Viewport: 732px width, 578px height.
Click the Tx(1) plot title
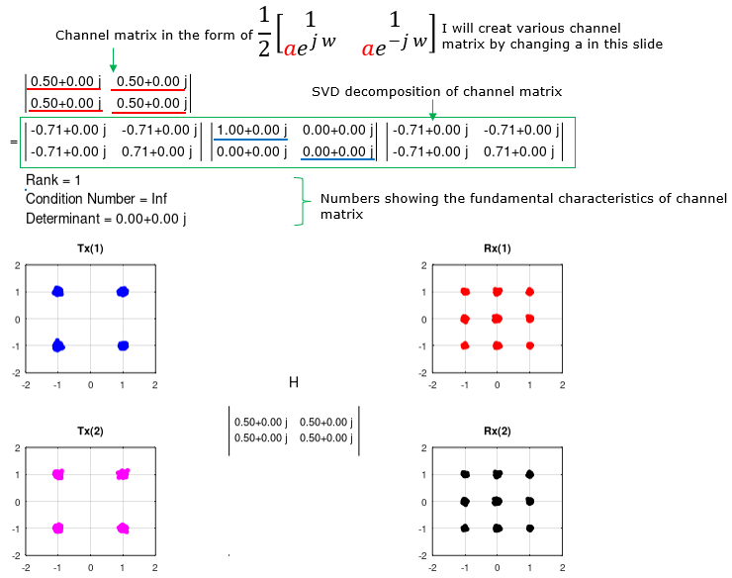coord(90,248)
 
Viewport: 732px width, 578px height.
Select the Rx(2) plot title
coord(498,431)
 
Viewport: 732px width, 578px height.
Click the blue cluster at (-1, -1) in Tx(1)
coord(58,345)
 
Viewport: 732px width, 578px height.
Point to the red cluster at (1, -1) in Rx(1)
coord(530,345)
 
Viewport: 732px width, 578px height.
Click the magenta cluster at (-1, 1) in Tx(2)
coord(58,474)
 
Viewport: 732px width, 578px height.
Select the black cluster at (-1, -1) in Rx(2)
coord(465,529)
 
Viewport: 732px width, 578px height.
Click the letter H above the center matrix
coord(294,383)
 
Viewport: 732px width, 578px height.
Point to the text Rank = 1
coord(53,180)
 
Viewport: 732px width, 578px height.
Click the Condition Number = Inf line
coord(96,199)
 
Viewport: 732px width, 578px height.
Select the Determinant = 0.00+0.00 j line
coord(106,219)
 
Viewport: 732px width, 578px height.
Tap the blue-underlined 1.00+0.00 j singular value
coord(251,130)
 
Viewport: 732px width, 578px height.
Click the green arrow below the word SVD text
coord(432,109)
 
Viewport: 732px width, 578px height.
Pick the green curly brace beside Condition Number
coord(302,201)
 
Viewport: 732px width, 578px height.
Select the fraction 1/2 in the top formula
coord(264,32)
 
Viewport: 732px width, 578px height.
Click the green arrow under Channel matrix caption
coord(113,59)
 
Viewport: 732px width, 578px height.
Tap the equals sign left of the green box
coord(14,142)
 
